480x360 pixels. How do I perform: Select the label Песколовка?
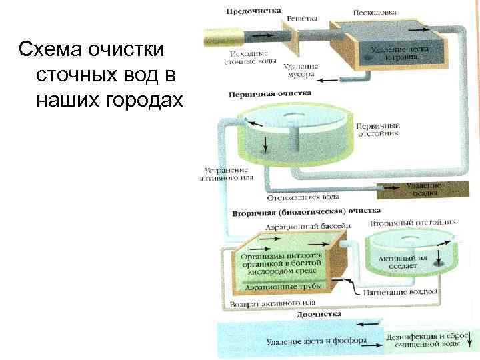pos(375,12)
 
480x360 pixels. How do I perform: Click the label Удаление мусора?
pos(301,71)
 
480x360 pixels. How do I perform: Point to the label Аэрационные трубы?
pos(283,287)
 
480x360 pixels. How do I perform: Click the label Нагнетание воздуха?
pos(400,292)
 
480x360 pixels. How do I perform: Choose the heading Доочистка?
pos(319,314)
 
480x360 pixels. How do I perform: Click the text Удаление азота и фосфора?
pos(317,341)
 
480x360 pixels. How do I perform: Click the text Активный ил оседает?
pos(403,261)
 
